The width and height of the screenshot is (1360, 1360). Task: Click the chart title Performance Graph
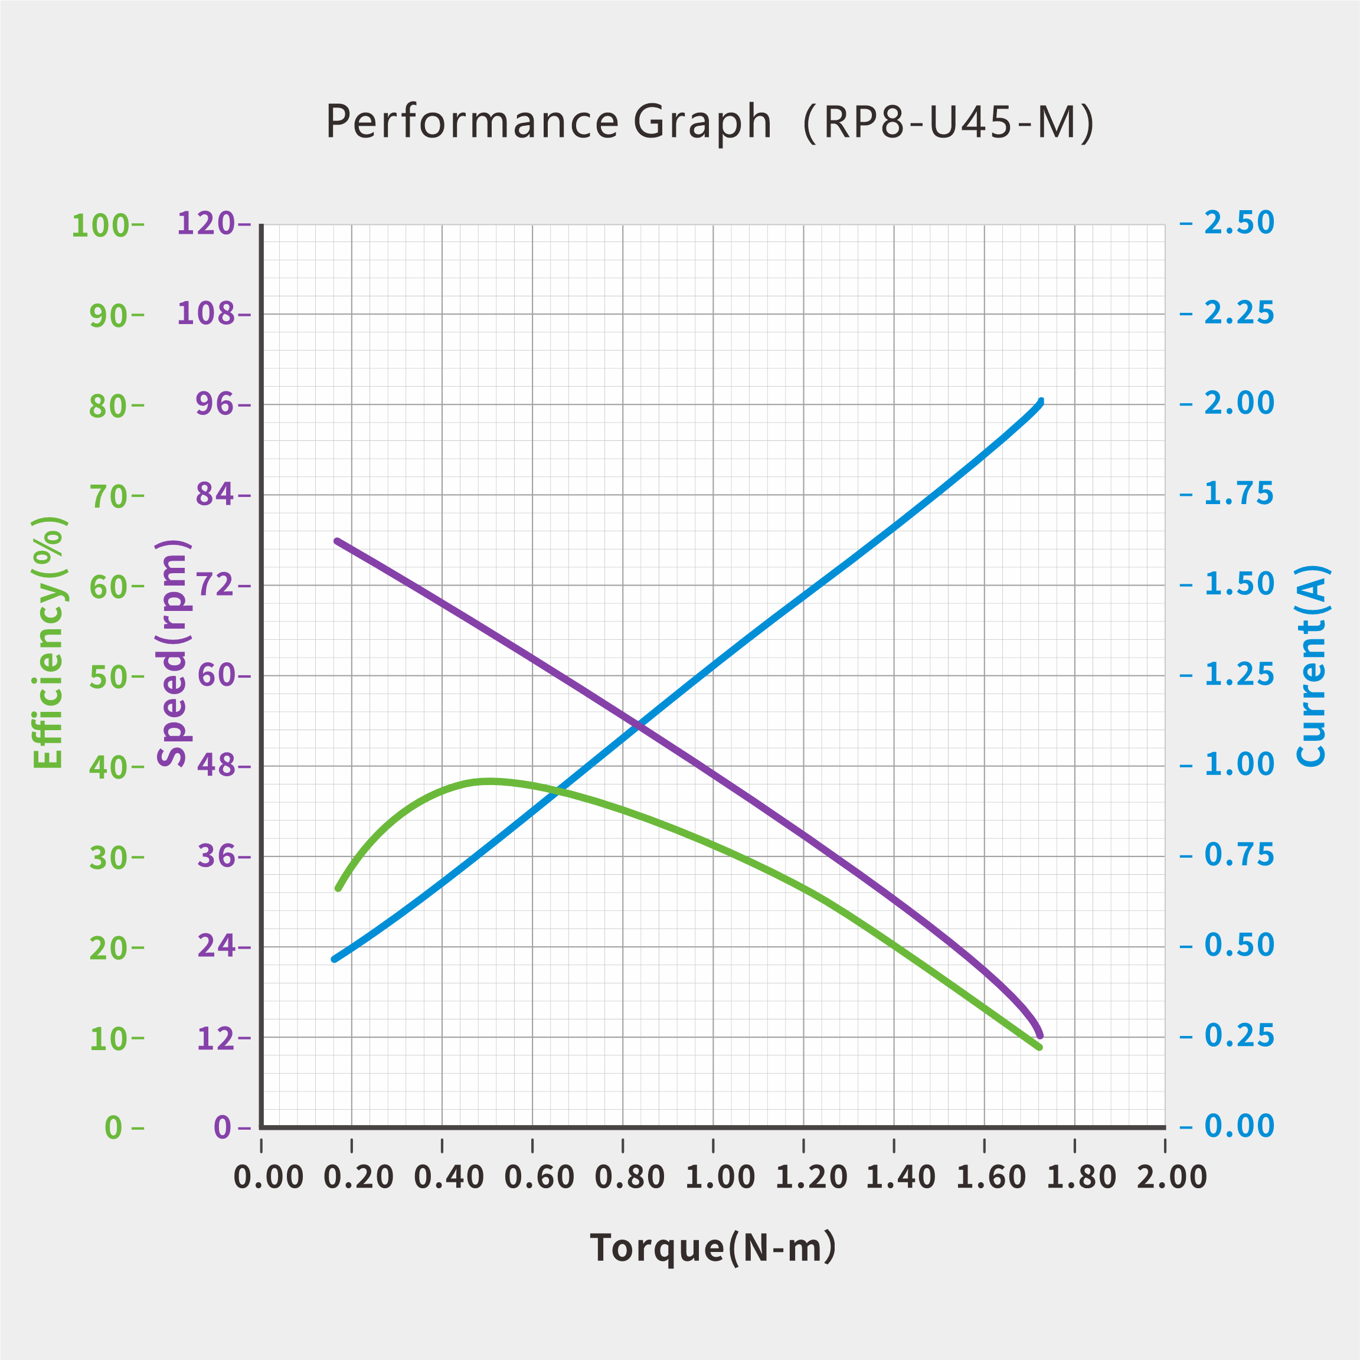pos(548,122)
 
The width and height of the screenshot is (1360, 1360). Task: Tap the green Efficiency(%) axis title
pos(48,642)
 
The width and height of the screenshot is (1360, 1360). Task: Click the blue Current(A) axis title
pos(1311,665)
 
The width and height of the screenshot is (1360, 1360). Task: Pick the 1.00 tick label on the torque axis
pos(720,1177)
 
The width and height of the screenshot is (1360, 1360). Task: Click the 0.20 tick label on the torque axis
pos(358,1177)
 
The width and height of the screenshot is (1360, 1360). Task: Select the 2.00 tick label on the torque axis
pos(1171,1177)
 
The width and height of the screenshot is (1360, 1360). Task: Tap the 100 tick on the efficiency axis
pos(101,226)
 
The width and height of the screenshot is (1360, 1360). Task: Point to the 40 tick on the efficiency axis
pos(107,768)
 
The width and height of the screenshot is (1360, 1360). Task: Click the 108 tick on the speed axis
pos(205,313)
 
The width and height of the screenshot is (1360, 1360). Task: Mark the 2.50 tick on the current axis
pos(1239,223)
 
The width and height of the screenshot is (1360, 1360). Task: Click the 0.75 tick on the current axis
pos(1239,855)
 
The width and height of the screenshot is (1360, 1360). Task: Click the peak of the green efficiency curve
pos(489,782)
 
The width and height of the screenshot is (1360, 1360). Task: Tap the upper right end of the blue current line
pos(1041,402)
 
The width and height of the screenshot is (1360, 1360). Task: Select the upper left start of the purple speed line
pos(337,541)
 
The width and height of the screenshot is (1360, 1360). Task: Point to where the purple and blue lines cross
pos(637,724)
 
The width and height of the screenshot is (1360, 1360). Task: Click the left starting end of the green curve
pos(338,889)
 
